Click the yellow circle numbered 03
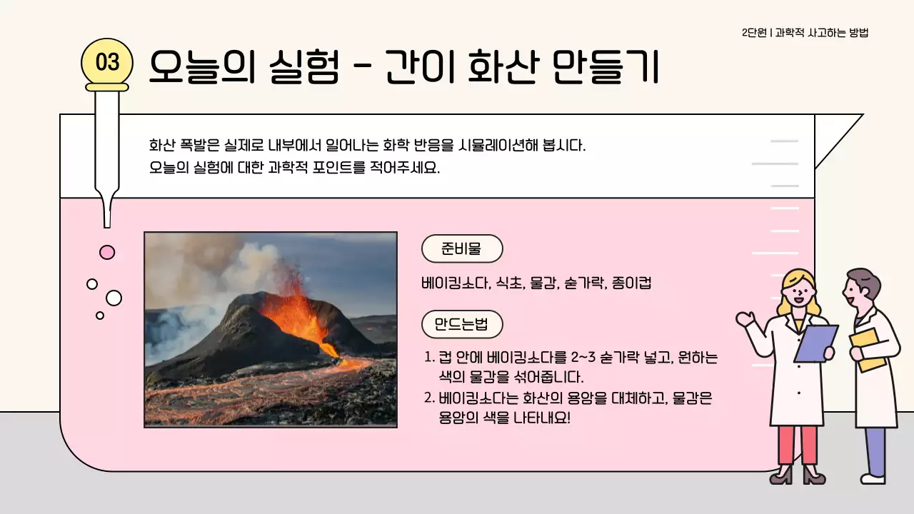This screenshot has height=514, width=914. [x=107, y=62]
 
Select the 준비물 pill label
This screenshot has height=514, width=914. [x=462, y=249]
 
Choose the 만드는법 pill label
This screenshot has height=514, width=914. [x=462, y=325]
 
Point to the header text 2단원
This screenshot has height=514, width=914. [x=754, y=33]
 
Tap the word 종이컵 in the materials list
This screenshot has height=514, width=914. [x=632, y=283]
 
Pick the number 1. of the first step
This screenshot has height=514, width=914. [x=429, y=357]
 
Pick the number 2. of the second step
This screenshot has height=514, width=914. [x=429, y=398]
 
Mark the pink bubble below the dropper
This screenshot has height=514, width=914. [x=107, y=252]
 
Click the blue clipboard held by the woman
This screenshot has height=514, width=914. [x=816, y=343]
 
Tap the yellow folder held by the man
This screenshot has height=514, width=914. [x=867, y=349]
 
